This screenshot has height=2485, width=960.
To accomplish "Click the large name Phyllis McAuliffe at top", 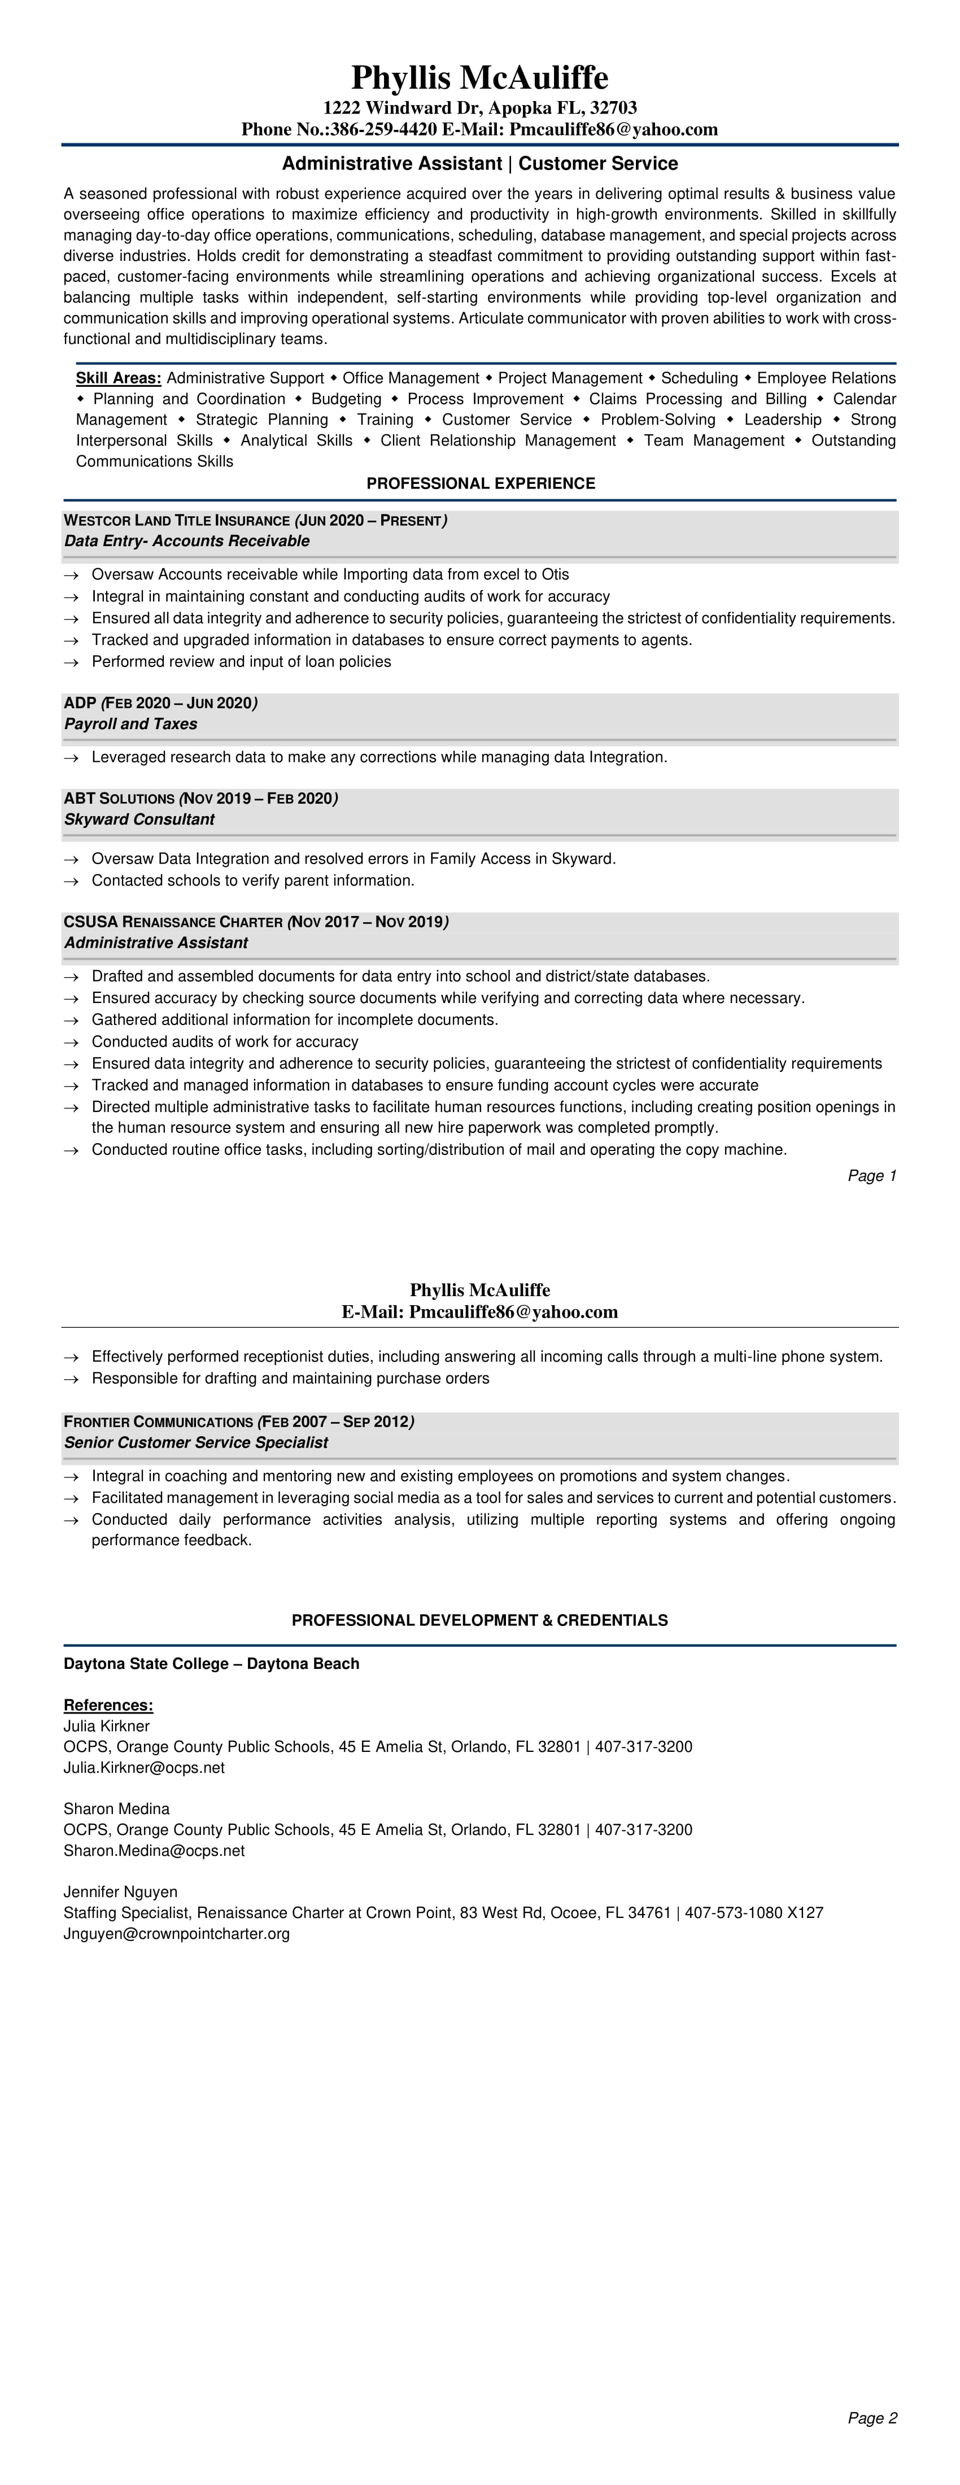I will coord(479,77).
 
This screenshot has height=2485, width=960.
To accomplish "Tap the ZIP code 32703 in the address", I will coord(614,107).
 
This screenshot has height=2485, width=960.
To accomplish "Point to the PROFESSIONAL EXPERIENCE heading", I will coord(481,483).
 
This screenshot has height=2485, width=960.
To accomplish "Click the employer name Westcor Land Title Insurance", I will coord(177,521).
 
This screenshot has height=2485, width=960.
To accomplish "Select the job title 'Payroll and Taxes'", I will coord(130,723).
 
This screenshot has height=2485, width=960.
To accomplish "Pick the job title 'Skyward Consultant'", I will coord(139,819).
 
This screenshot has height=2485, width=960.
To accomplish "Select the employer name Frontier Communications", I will coord(158,1422).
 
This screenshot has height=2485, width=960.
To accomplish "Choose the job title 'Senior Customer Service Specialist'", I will coord(196,1442).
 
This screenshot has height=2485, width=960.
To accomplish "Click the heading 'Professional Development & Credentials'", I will coord(479,1620).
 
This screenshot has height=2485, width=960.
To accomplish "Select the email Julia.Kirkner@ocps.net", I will coord(144,1767).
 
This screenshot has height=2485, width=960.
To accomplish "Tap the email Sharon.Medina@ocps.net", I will coord(154,1850).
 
